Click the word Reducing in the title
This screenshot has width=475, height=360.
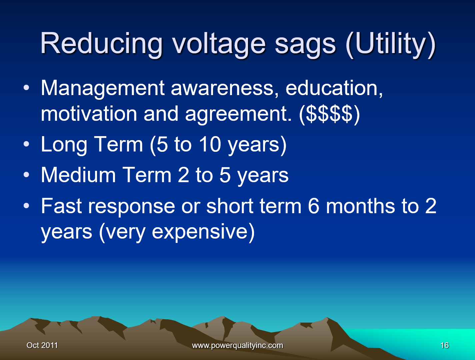(x=101, y=44)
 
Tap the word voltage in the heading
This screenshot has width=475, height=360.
(x=219, y=44)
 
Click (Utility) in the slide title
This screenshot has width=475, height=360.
(x=391, y=45)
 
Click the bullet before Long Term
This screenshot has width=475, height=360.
(x=26, y=144)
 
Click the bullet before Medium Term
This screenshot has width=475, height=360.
(x=26, y=174)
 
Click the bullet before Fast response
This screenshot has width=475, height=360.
(x=26, y=206)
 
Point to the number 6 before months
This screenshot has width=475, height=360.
(x=314, y=206)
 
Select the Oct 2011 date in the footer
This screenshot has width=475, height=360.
(x=42, y=345)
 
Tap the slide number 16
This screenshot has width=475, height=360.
(x=444, y=345)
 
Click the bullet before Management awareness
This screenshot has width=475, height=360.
(x=26, y=88)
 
